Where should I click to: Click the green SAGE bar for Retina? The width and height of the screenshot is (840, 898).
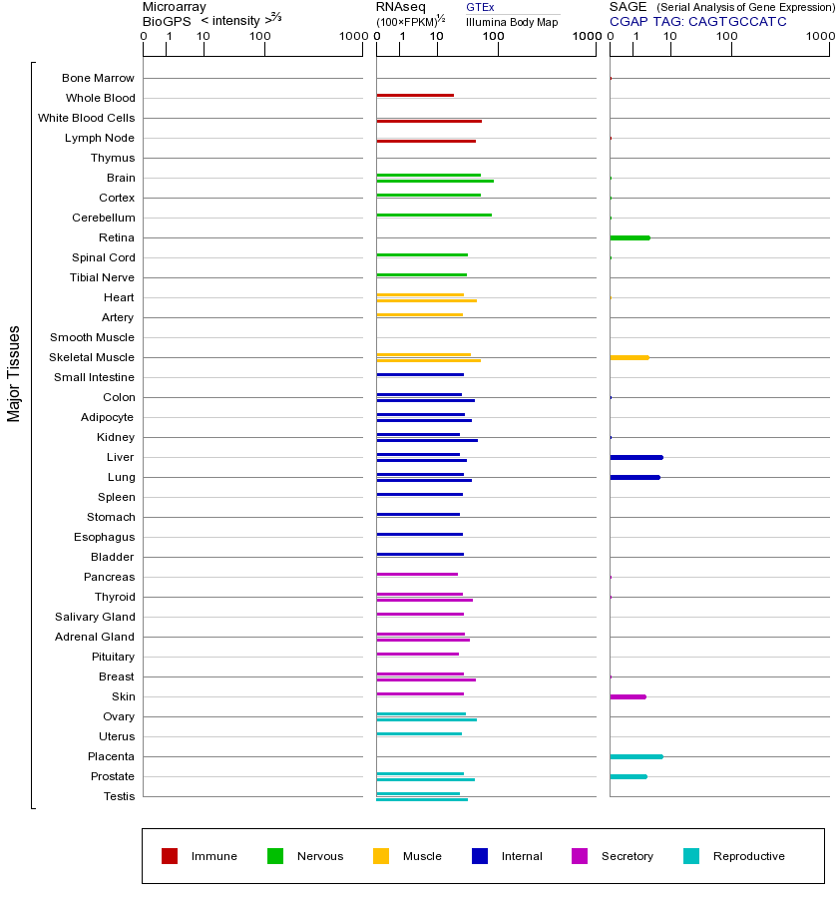630,237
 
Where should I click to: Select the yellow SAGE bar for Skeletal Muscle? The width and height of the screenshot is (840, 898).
629,357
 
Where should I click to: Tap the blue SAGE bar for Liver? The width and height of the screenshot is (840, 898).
635,457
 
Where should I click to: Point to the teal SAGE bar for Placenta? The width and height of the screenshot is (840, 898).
635,756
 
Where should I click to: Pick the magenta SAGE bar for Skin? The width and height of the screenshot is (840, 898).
628,696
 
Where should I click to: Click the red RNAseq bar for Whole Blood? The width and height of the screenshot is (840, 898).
415,95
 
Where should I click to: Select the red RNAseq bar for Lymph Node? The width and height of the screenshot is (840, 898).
426,141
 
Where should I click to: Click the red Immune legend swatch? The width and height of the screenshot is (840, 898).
170,856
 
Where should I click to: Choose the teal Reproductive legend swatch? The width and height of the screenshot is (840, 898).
691,856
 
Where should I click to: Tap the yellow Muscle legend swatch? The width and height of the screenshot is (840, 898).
381,856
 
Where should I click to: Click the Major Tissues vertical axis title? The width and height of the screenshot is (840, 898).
14,373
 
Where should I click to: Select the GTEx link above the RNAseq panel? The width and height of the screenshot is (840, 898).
480,7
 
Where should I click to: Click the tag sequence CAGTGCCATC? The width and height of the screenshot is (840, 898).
737,21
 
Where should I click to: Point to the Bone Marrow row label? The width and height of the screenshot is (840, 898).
98,78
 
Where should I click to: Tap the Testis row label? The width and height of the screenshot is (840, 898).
119,796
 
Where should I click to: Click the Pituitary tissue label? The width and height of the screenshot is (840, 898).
113,657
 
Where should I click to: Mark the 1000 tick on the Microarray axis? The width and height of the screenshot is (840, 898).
352,37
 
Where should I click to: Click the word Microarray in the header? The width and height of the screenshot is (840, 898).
175,7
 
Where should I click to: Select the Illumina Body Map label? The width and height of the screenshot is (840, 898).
512,21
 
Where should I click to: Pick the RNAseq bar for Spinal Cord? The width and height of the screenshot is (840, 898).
422,254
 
